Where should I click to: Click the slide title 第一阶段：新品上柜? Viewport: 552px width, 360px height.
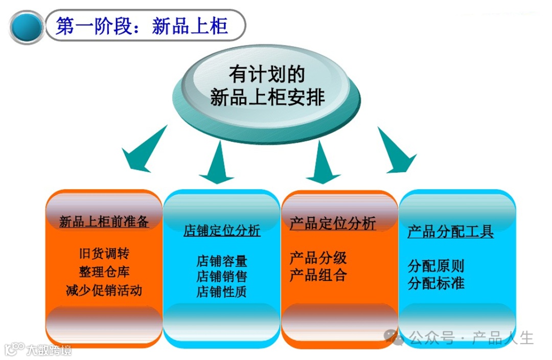(142, 26)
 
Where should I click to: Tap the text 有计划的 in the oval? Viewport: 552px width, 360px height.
(266, 75)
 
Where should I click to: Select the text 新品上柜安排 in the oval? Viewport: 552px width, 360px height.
(267, 97)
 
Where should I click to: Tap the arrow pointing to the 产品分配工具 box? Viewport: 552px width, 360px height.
(396, 153)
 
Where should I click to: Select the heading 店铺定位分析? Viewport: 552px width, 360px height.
(222, 231)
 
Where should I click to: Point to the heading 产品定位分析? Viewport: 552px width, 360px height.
(333, 223)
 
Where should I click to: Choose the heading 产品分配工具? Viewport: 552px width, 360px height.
(450, 232)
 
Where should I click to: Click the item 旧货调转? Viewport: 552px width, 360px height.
(104, 254)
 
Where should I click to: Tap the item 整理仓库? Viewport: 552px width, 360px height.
(104, 272)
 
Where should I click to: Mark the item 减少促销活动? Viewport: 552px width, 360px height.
(104, 290)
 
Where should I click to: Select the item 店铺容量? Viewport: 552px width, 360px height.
(222, 261)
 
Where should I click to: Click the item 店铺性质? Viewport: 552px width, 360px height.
(222, 292)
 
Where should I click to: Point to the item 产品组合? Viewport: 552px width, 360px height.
(318, 275)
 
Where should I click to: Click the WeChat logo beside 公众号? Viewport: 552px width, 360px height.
(394, 337)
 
